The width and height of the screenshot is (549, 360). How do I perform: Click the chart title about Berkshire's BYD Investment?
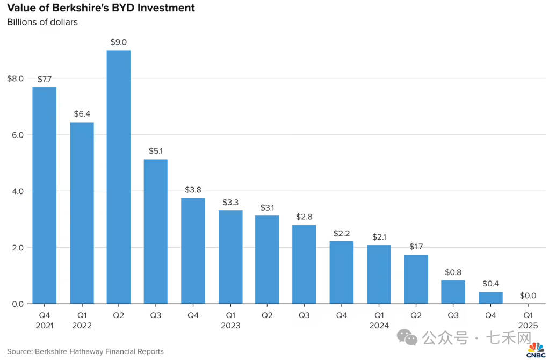pos(100,9)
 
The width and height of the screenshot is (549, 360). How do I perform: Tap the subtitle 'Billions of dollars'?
pos(42,23)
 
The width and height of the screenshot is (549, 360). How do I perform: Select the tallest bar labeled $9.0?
pos(119,177)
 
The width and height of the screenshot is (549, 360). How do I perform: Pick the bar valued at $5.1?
pos(155,231)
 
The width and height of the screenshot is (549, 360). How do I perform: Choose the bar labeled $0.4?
pos(490,298)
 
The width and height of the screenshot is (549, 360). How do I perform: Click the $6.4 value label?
pos(82,114)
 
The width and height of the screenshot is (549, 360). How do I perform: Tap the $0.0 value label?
pos(529,296)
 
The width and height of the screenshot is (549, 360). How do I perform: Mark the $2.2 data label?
pos(342,233)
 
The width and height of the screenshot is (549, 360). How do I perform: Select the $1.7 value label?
pos(416,247)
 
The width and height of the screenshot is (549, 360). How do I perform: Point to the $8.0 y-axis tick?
pos(15,78)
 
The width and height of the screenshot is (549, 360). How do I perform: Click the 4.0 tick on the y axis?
pos(17,191)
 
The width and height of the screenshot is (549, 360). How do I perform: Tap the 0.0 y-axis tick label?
pos(17,304)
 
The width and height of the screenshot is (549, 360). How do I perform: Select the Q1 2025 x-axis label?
pos(528,320)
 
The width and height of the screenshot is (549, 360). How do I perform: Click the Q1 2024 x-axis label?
pos(379,320)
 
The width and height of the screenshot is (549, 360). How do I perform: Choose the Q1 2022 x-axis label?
pos(82,320)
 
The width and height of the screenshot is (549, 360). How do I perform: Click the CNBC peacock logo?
pos(535,349)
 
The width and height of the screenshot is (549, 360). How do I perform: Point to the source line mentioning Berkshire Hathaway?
pos(85,351)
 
